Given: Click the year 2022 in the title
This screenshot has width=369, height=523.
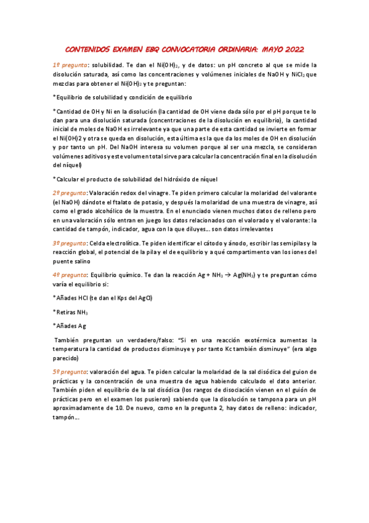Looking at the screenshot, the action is (290, 49).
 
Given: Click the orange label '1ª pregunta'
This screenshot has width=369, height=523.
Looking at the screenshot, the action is (70, 64).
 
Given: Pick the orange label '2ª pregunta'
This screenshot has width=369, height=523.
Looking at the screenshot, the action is (70, 192).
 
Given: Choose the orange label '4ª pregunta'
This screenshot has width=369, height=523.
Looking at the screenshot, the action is (70, 274).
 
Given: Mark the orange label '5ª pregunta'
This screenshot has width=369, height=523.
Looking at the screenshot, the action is (70, 372).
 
